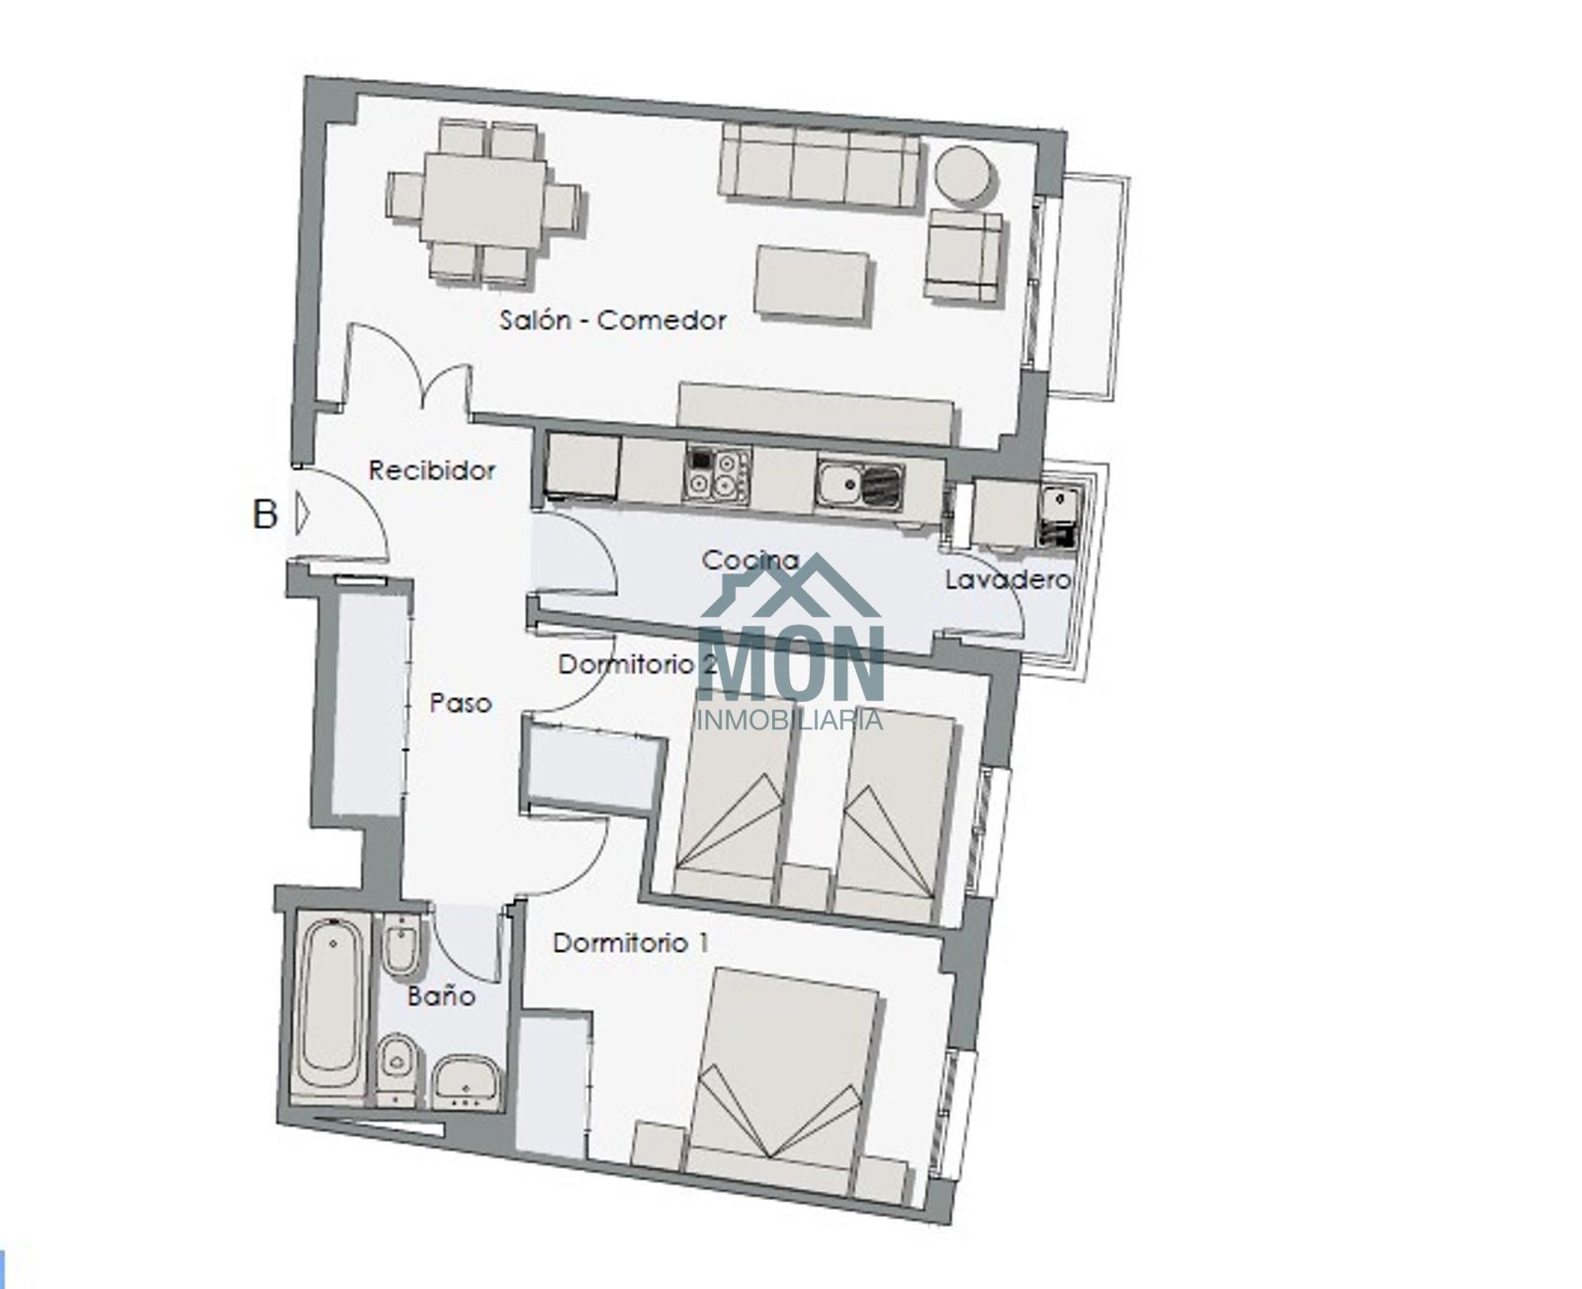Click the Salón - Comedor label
613,320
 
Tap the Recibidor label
431,470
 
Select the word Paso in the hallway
461,703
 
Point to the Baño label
441,995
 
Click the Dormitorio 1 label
631,943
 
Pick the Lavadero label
1008,580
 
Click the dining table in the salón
483,198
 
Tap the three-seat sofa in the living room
820,165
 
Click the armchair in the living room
963,255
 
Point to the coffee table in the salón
812,284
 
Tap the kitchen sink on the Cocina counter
860,485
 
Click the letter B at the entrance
265,515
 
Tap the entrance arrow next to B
302,514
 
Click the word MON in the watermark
792,663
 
